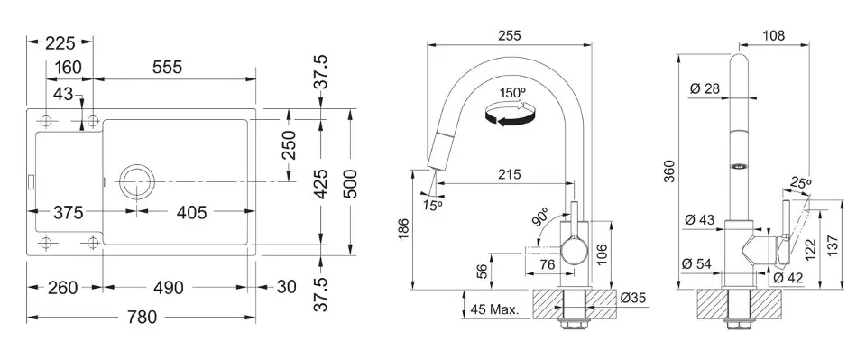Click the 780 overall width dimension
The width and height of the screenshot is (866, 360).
tap(142, 317)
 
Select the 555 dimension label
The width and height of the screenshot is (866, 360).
tap(166, 68)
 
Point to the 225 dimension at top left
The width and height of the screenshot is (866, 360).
tap(60, 42)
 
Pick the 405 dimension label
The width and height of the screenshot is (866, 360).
tap(190, 211)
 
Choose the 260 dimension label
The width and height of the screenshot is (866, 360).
tap(62, 287)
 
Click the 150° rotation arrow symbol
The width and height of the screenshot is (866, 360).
tap(510, 114)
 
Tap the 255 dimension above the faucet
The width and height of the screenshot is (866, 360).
tap(509, 35)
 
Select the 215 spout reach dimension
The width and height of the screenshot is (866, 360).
tap(509, 174)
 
